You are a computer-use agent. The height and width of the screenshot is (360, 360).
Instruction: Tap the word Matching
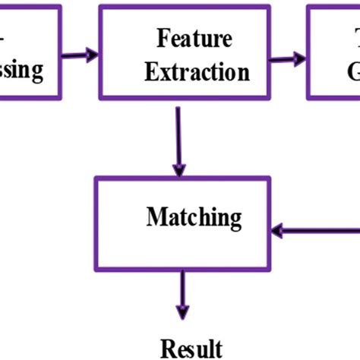coord(194,218)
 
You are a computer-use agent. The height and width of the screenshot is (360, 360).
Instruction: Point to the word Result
coord(191,347)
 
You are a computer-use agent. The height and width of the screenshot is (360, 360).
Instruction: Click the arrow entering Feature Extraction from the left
coord(81,54)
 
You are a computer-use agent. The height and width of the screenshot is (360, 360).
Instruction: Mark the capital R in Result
coord(167,347)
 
